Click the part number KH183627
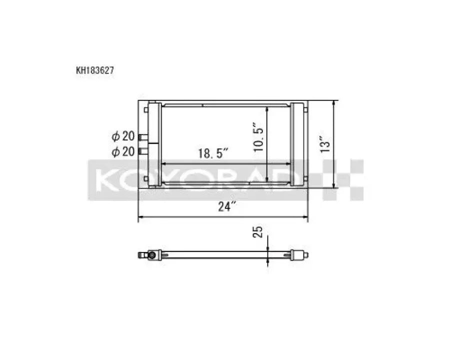pos(95,70)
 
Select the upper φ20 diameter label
pos(123,136)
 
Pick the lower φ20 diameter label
pos(123,151)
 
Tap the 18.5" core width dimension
pos(213,153)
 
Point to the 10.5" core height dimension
pos(258,137)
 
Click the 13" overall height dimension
pos(325,144)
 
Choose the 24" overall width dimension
pos(227,206)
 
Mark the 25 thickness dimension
pos(257,232)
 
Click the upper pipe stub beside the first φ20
pos(143,137)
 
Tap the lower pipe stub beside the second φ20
pos(143,150)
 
